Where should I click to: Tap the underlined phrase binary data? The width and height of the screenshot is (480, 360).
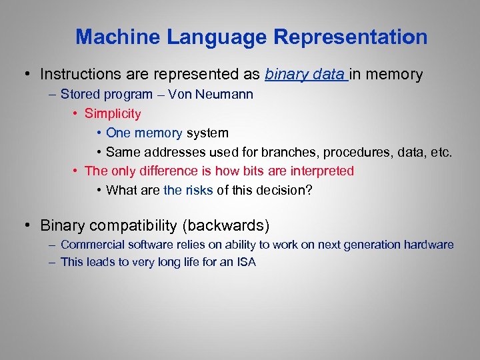click(x=305, y=74)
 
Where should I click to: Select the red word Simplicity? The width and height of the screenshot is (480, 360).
click(x=113, y=113)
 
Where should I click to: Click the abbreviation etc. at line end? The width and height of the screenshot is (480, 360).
click(x=441, y=152)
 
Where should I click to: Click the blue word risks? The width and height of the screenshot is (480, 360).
click(x=199, y=190)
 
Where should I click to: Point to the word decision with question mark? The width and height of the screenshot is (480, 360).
click(x=283, y=190)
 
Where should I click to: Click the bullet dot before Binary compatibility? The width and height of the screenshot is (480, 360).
click(x=29, y=225)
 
